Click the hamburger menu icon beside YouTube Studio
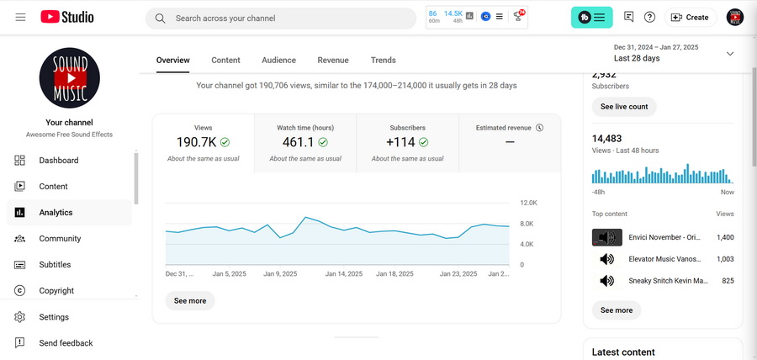(x=20, y=18)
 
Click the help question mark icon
(x=649, y=18)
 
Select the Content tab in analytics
(x=225, y=61)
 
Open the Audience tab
(x=278, y=61)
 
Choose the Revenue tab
(x=333, y=61)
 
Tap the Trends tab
(x=383, y=61)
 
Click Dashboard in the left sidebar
(x=59, y=161)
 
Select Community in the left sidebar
(x=60, y=239)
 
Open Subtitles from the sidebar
(x=55, y=265)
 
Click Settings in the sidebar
(x=54, y=317)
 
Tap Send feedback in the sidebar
(x=66, y=343)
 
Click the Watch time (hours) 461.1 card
(x=305, y=143)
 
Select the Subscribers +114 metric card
(x=407, y=143)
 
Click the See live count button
(x=624, y=107)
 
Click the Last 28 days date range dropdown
(x=673, y=54)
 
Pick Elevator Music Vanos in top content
(x=664, y=259)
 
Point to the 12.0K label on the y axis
(x=528, y=204)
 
